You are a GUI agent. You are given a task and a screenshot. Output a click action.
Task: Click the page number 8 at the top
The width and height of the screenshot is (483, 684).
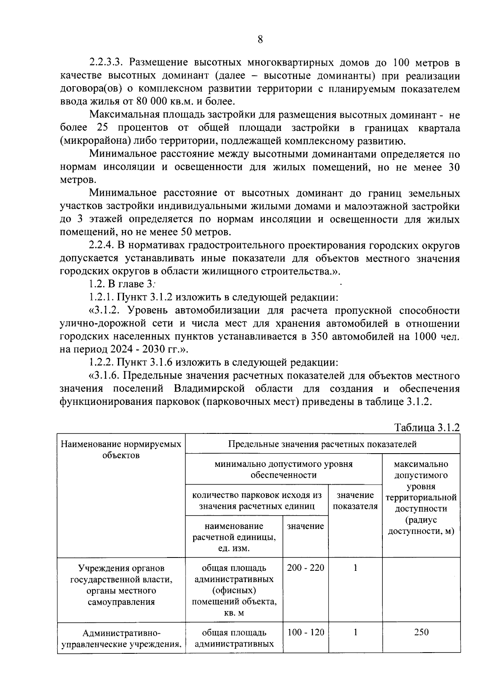tap(260, 39)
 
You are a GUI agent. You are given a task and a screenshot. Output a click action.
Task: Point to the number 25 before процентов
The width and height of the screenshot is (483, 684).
tap(103, 128)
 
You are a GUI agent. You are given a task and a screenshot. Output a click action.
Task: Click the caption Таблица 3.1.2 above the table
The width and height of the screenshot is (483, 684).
tap(427, 427)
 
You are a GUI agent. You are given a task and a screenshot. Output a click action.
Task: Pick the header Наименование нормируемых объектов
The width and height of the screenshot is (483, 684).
tap(121, 450)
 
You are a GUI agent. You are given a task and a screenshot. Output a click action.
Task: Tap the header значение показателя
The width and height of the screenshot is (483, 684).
tap(355, 501)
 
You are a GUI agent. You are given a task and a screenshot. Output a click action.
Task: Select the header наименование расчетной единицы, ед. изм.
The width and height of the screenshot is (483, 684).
tap(234, 537)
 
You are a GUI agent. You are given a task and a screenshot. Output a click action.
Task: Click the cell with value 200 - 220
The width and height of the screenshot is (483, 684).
tap(305, 568)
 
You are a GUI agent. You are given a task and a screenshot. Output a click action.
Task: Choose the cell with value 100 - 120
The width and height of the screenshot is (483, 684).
tap(305, 632)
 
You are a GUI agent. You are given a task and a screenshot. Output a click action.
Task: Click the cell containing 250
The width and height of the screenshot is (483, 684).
tap(421, 632)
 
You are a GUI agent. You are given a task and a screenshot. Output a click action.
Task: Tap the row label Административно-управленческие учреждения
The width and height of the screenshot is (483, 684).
tap(121, 638)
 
